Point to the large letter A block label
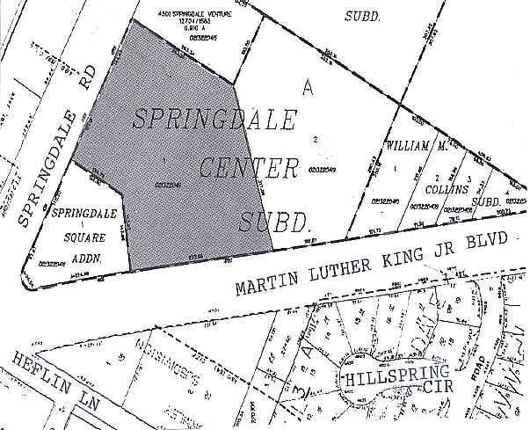307,87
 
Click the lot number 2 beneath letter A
314,139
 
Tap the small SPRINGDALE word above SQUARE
84,214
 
